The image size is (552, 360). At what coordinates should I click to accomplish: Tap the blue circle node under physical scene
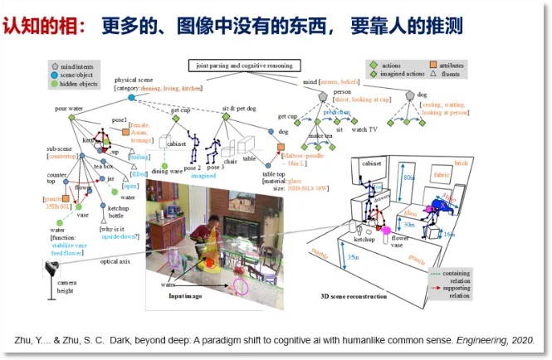(130, 97)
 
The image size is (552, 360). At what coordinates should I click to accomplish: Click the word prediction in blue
(336, 111)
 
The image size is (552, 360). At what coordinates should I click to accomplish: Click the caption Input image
(187, 295)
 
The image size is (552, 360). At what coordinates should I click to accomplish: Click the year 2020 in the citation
(519, 340)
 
